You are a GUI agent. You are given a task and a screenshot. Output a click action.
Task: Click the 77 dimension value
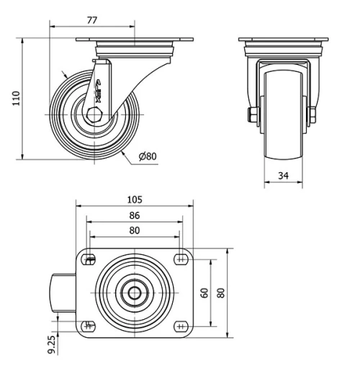pos(92,20)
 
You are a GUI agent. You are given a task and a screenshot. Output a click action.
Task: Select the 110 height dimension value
pos(16,98)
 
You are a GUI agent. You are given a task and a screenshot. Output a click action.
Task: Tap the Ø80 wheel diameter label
pos(148,156)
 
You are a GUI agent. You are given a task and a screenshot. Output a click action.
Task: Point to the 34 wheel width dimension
pos(283,176)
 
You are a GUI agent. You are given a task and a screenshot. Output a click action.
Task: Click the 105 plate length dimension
pos(135,200)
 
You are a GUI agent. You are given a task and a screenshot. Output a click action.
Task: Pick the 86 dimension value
pos(135,215)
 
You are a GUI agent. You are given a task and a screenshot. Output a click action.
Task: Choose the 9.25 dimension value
pos(52,344)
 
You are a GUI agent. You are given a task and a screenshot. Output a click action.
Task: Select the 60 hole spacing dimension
pos(204,293)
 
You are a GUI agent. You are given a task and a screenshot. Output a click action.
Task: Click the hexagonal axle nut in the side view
pos(94,115)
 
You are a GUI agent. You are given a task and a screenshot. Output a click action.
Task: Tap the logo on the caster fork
pos(98,92)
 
